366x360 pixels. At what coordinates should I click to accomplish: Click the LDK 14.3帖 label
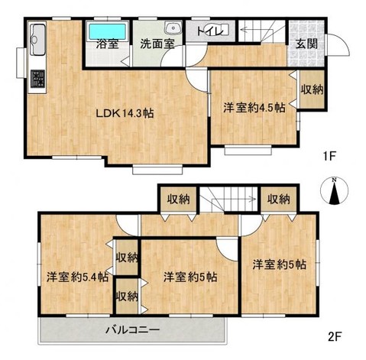pos(125,113)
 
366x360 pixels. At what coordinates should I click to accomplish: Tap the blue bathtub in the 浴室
pos(106,31)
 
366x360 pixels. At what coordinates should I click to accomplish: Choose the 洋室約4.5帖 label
pos(254,108)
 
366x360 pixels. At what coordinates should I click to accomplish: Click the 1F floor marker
pos(329,157)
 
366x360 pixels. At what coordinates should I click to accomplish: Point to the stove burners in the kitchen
pos(37,79)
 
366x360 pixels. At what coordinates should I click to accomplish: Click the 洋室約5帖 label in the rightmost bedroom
pos(280,264)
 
